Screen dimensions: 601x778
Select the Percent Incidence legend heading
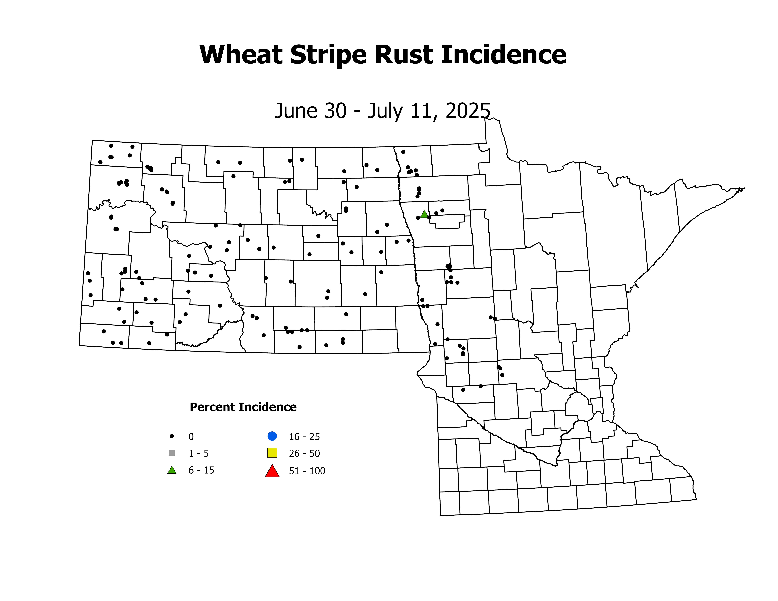[243, 407]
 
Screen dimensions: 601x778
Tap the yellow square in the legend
[272, 453]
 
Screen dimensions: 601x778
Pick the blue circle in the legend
[272, 436]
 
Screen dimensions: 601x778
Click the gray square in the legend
[172, 453]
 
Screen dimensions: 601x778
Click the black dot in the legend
[172, 436]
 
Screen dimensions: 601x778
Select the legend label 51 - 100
[307, 471]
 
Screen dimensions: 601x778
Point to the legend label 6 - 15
[201, 470]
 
